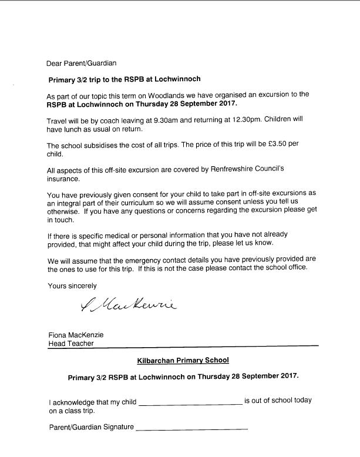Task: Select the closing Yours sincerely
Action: click(x=72, y=285)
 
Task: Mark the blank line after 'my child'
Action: click(x=190, y=402)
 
